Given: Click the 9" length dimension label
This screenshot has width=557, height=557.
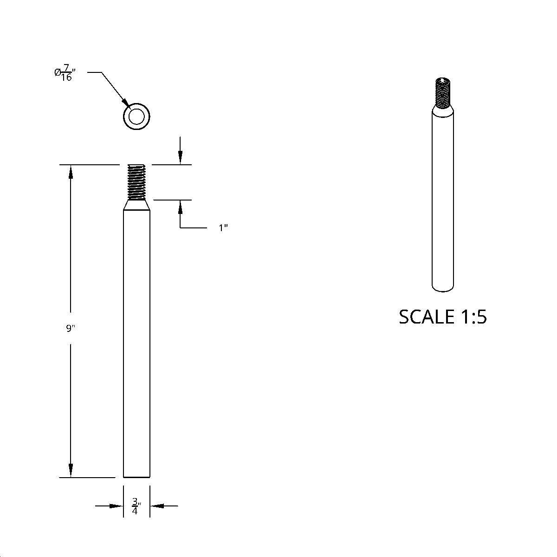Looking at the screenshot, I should point(71,329).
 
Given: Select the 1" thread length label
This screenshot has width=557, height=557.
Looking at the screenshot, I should point(223,228).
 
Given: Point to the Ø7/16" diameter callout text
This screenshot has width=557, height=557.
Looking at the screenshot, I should point(65,73).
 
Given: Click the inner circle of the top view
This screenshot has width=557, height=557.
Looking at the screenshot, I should point(136,116).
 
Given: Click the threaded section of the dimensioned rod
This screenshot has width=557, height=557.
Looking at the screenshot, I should point(136,181).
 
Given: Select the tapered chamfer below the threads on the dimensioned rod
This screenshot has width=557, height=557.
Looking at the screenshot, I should point(136,205).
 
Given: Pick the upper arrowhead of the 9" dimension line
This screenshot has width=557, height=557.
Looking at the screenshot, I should point(71,171).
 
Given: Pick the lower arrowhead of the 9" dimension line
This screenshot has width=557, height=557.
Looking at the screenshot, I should point(71,470).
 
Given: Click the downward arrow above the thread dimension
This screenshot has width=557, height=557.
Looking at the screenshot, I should point(180,158).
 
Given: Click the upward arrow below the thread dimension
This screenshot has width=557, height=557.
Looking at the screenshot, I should point(180,207).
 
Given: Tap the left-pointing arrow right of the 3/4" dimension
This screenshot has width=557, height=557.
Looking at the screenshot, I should point(156,506).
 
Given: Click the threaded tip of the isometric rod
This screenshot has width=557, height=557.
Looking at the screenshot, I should point(443,93).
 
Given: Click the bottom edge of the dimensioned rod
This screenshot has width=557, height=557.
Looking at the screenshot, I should point(136,477).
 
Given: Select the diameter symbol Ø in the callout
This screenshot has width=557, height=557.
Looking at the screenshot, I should point(57,72).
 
